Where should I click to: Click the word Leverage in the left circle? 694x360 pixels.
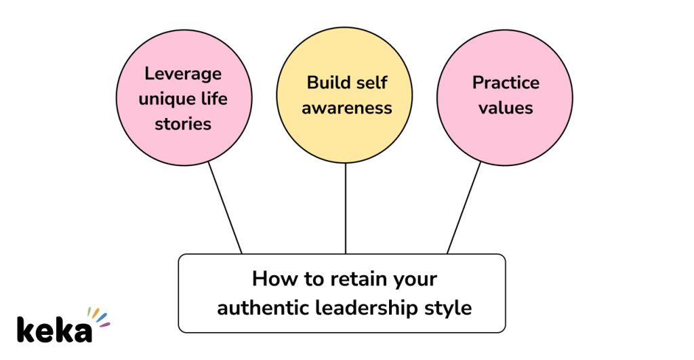183,74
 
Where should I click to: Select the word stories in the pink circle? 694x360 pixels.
183,124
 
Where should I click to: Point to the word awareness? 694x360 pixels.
346,108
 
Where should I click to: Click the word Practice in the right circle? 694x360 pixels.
506,83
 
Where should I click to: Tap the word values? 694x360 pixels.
506,108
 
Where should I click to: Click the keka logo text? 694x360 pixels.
54,330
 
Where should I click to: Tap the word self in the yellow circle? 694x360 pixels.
372,83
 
